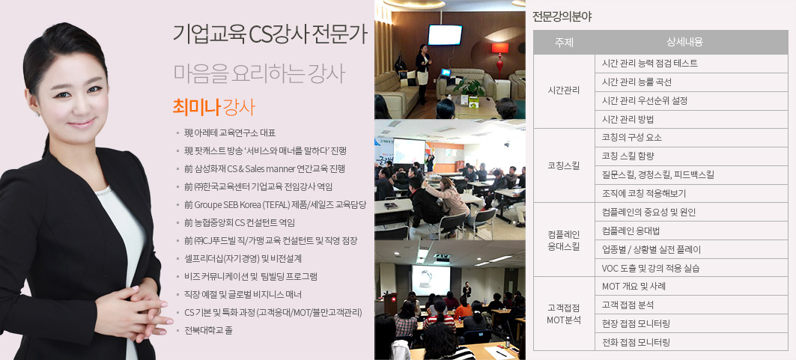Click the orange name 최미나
coord(196,107)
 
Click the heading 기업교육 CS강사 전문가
coord(269,35)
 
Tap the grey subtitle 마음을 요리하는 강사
coord(259,73)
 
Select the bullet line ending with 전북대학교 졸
coord(204,331)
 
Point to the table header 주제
coord(564,43)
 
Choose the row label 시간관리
coord(564,91)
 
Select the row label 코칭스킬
coord(564,165)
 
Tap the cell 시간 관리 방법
coord(628,119)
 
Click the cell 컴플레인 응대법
coord(631,231)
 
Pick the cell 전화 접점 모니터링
coord(636,342)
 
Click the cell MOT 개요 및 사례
coord(634,286)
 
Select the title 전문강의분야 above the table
coord(562,16)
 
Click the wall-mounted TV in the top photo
coord(445,35)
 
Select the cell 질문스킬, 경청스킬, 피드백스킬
coord(658,175)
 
